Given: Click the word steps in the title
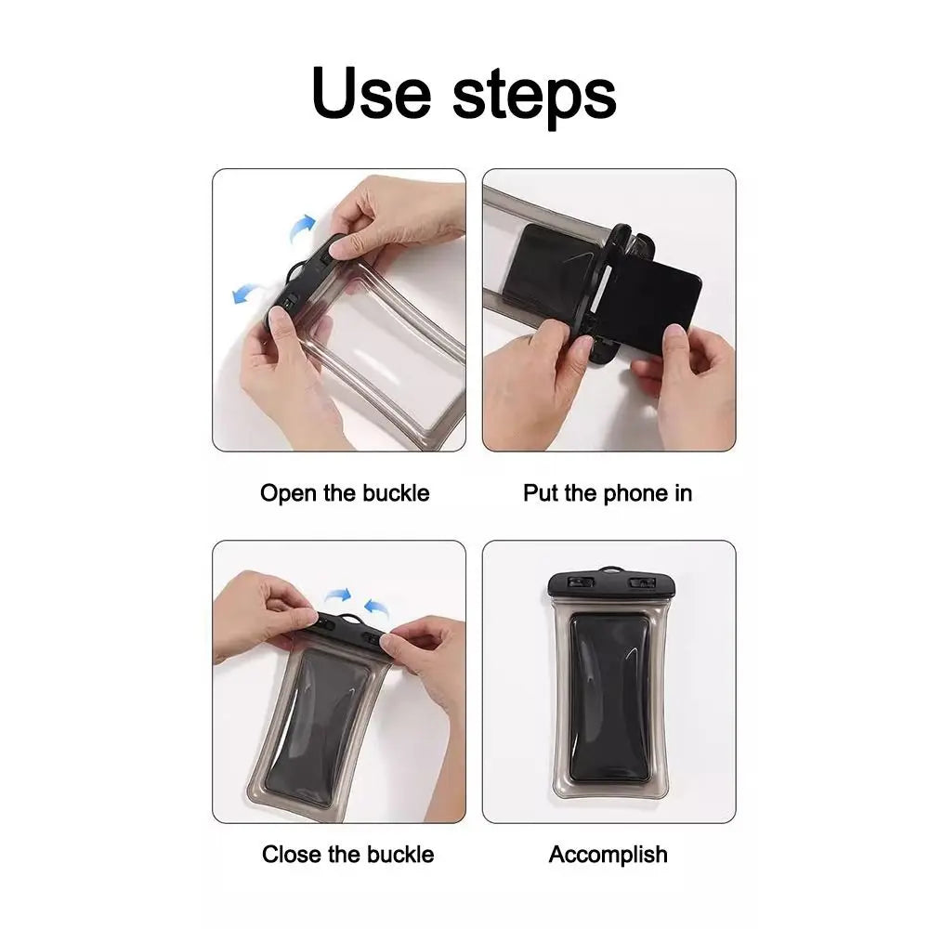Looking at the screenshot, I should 534,97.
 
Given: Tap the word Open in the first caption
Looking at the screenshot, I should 289,493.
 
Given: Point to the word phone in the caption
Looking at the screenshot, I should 610,493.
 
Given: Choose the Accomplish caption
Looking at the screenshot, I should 608,854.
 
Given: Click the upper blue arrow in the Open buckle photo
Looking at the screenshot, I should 302,226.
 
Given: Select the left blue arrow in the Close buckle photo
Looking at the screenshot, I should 339,595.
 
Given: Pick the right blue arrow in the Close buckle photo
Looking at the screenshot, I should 375,608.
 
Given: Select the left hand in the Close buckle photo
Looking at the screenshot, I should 260,613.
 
